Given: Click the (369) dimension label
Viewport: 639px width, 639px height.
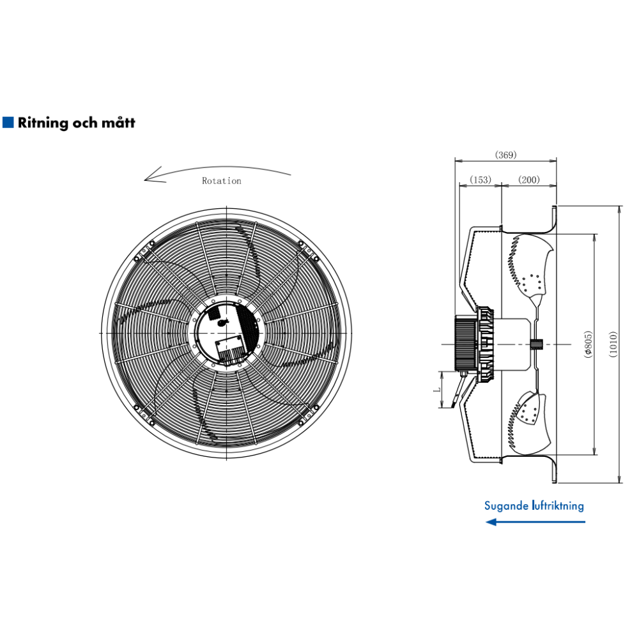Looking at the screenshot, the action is click(x=505, y=155).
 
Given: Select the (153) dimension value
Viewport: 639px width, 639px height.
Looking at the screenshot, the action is click(x=481, y=180).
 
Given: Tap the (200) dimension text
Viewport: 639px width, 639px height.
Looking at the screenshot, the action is click(x=529, y=180).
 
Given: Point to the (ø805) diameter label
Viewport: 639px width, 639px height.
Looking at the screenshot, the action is click(x=588, y=344).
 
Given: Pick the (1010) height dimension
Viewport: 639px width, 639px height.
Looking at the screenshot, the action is click(x=613, y=344).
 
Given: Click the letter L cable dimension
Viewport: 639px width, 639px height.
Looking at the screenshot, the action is click(x=436, y=389).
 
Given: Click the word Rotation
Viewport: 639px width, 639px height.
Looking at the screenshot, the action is click(x=222, y=181).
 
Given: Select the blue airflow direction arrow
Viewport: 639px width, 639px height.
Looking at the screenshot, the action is click(x=535, y=521).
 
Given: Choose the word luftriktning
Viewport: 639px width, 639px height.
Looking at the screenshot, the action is click(x=558, y=505).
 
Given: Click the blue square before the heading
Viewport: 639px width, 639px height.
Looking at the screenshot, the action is click(x=8, y=122).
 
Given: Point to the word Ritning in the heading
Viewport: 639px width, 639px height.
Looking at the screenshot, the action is click(x=43, y=123).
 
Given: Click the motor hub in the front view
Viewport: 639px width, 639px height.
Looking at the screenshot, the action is click(x=227, y=334).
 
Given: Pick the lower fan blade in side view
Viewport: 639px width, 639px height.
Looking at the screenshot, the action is click(x=529, y=424).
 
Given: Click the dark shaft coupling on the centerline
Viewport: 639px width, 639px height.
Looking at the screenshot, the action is click(x=536, y=344).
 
